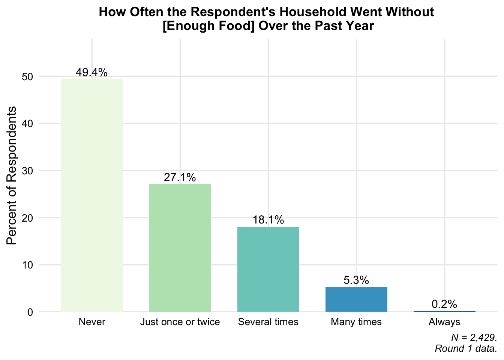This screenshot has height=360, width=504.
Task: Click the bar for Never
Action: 92,195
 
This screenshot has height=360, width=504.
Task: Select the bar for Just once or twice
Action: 180,248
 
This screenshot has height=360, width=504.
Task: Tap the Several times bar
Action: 268,269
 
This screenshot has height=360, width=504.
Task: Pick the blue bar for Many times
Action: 356,299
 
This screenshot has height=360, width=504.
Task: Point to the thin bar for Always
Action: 445,311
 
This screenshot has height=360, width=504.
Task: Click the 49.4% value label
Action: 91,72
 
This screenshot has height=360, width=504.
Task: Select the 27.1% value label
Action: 180,177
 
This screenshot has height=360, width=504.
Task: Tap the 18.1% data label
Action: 268,220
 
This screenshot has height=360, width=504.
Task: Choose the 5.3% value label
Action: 356,280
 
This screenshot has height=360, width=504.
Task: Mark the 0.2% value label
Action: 444,304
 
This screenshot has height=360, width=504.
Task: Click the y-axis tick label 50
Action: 27,77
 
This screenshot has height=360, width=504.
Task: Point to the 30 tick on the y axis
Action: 27,171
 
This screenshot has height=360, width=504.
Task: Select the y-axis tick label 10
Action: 27,265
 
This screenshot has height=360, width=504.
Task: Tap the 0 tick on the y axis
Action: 30,312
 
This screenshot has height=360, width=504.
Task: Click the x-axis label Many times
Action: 356,322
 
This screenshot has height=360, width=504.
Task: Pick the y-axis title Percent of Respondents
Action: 11,175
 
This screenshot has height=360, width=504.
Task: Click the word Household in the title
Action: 312,12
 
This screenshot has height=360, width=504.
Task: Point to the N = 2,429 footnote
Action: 474,338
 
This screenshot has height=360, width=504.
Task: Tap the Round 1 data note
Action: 466,348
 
